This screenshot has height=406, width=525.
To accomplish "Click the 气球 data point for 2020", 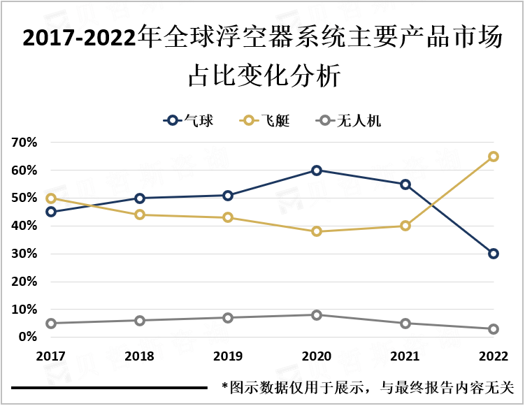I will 317,171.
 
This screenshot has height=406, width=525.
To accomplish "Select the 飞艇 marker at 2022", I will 494,157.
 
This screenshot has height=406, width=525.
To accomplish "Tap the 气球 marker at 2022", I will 494,254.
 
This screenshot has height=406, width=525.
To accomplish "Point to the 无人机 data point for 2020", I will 317,315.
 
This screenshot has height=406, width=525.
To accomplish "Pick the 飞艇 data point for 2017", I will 51,198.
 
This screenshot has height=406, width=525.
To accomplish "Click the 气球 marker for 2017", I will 51,212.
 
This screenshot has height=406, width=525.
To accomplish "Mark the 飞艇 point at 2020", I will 317,231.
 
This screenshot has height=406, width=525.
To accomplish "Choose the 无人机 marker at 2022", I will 494,329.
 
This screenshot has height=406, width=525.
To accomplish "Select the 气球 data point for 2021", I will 405,184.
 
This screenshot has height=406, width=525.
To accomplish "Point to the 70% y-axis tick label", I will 24,143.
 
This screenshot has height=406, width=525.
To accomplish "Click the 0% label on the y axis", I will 28,337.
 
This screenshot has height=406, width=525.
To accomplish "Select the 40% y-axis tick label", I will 24,226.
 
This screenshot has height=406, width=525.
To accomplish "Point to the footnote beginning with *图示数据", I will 367,386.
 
